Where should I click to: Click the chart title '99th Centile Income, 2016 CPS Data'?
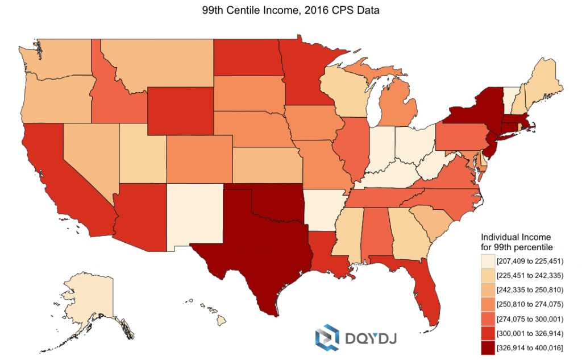[x=290, y=10]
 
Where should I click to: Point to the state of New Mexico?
[x=196, y=216]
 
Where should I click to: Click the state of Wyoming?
[x=180, y=111]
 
